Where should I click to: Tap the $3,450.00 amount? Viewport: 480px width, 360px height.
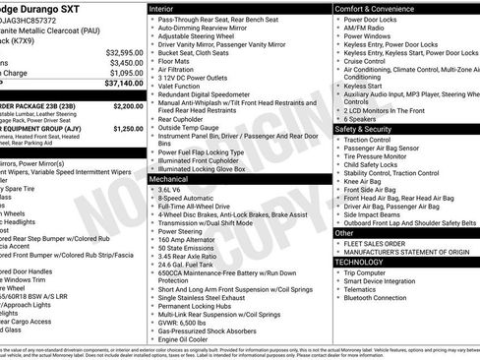120,62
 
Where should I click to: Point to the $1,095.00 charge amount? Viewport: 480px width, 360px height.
120,73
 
